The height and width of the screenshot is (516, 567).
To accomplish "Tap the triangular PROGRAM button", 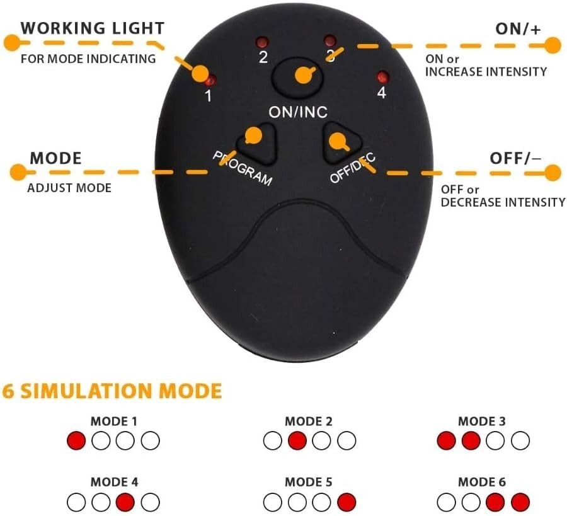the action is point(257,142).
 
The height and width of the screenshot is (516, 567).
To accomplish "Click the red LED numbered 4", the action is point(381,77).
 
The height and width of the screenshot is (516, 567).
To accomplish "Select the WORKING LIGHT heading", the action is point(93,28).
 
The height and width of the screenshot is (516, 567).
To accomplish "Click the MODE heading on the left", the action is point(56,158).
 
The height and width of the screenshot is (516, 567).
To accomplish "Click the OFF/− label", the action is point(515,158).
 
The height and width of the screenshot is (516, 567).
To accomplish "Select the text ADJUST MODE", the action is point(69,188).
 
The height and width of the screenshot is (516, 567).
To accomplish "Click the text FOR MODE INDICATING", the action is point(88,59).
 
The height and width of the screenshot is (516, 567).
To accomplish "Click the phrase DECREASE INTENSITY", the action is point(503,202).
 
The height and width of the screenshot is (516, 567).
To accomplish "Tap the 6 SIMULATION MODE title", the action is point(112,391).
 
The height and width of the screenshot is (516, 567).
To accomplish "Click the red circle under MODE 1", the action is point(76,441).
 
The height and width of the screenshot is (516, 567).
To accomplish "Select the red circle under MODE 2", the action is point(297,441).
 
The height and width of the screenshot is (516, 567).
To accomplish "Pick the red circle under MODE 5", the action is point(346,502).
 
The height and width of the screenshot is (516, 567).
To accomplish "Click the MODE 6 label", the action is point(481,483).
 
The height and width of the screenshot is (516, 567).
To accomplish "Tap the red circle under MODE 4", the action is point(125,502).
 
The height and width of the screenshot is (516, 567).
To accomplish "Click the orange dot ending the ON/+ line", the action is point(553,45).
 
